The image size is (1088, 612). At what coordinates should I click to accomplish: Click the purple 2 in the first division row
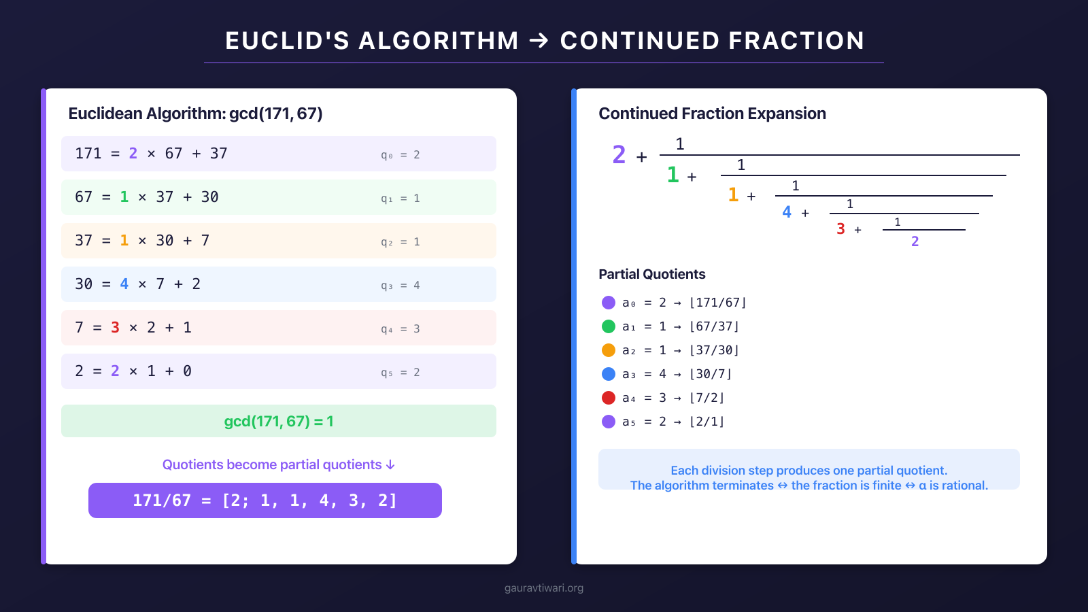point(133,154)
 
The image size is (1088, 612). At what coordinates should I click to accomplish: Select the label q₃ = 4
point(400,286)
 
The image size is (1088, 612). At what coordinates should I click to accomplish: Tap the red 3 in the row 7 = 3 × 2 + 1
point(115,328)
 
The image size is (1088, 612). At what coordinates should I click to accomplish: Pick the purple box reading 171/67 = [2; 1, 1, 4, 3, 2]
point(265,500)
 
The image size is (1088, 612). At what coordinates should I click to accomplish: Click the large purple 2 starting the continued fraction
point(618,155)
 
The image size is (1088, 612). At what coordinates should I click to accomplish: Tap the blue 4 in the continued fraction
point(787,212)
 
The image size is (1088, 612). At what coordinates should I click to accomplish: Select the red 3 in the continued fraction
point(840,229)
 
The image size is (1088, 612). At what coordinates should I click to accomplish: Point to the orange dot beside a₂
point(609,350)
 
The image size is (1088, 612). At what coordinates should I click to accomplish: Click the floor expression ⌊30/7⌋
point(710,374)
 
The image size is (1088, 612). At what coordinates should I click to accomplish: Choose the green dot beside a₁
point(609,326)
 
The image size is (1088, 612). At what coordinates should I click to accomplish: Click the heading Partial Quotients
point(651,274)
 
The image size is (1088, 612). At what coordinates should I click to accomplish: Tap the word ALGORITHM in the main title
point(439,41)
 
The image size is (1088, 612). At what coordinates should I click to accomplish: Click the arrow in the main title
point(539,41)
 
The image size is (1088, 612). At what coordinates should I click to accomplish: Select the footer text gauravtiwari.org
point(544,588)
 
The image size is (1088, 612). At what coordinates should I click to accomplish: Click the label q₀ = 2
point(400,155)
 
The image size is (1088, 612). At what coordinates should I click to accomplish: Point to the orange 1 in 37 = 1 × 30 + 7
point(124,241)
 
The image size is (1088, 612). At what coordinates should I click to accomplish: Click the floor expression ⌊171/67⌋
point(717,303)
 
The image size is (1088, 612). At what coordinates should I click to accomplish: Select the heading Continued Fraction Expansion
point(712,114)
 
